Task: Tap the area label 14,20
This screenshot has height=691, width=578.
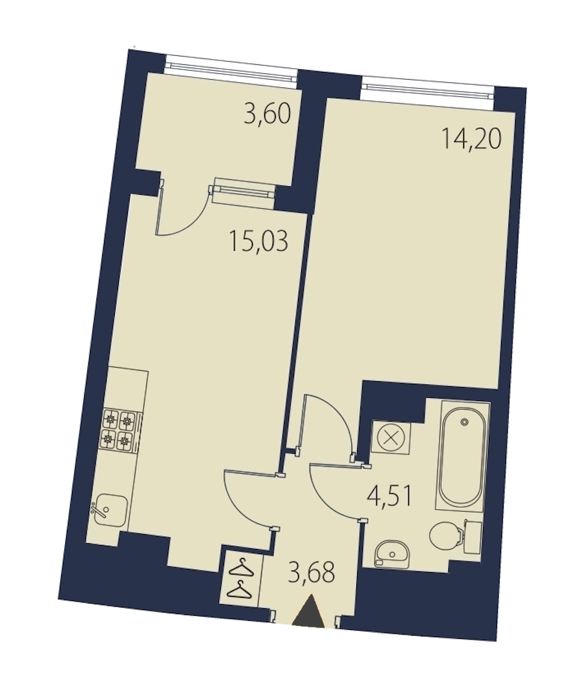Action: tap(471, 139)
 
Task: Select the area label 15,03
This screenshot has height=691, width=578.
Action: tap(258, 241)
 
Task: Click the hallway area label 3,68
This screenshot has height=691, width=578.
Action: tap(311, 574)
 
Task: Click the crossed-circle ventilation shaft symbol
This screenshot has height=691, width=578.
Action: tap(390, 438)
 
